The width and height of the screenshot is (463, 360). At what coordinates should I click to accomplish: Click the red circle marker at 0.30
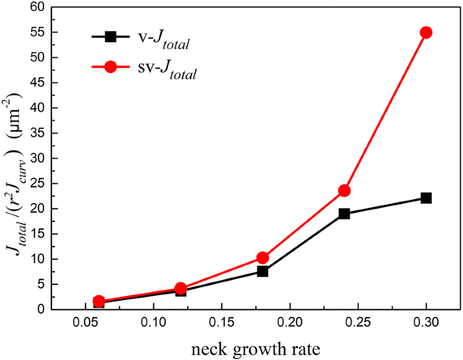pos(426,32)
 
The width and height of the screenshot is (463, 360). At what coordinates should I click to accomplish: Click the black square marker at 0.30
pos(426,198)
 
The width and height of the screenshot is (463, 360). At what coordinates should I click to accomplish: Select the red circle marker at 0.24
pos(344,191)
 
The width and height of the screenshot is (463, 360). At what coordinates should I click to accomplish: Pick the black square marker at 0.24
pos(344,214)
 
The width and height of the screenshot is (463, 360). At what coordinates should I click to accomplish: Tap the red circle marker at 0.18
pos(262,258)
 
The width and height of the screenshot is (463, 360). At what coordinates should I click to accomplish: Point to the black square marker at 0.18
pos(262,271)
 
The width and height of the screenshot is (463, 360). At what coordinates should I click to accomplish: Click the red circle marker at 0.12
pos(180,288)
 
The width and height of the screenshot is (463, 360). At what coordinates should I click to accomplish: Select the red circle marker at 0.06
pos(99,301)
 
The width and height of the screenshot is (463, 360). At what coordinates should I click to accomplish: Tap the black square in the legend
pos(110,37)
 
